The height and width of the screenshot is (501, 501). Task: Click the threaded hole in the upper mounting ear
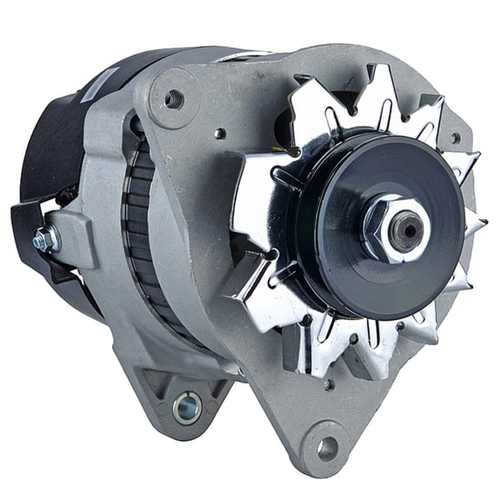point(173,98)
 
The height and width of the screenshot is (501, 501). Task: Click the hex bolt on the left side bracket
point(42,240)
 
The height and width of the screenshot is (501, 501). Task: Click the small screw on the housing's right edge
point(455,137)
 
